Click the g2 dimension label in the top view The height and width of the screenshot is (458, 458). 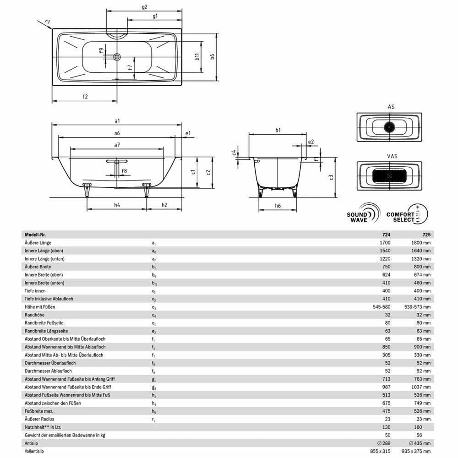point(144,6)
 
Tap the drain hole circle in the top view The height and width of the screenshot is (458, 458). point(117,57)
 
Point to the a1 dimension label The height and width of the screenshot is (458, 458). point(117,121)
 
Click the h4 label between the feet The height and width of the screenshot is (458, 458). point(117,205)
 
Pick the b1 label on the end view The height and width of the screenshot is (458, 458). point(278,131)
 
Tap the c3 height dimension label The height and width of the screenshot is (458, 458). point(331,178)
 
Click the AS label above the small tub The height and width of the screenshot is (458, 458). point(391,107)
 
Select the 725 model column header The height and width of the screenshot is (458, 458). point(426,234)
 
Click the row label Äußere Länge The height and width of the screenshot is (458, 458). point(38,242)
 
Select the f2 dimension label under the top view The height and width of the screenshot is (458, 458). point(85,97)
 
